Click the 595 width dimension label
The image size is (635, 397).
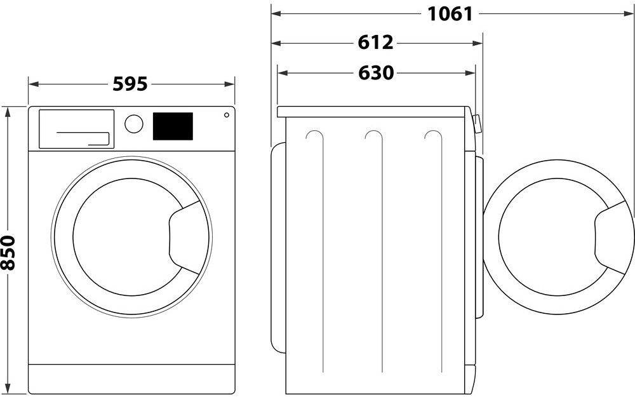(130, 84)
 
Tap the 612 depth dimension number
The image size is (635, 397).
(375, 43)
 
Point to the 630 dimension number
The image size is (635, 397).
(376, 73)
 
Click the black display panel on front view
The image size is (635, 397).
(173, 126)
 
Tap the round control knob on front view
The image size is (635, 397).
(134, 123)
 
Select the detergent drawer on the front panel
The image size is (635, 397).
(77, 129)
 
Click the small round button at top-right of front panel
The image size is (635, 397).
(225, 116)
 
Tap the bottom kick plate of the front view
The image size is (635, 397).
(131, 379)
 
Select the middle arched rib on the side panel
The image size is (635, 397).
(374, 137)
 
